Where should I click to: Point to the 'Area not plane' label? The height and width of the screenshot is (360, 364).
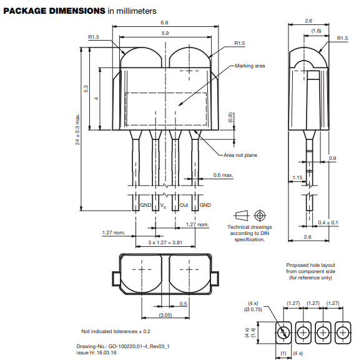240,154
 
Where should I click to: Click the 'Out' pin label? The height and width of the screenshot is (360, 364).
184,205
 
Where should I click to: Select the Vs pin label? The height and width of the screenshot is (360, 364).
163,206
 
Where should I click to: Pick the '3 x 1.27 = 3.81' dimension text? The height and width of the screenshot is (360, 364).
165,242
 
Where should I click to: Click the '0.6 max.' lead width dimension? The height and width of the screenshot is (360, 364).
223,175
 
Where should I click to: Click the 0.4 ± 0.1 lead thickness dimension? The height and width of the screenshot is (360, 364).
328,222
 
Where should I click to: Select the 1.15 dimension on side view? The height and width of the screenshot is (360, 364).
297,177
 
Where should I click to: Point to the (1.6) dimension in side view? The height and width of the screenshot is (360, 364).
317,31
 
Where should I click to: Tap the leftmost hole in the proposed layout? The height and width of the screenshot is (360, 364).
283,332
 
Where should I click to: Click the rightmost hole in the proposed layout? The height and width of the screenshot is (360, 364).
342,332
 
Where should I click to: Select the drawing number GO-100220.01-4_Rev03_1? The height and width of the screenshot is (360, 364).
122,346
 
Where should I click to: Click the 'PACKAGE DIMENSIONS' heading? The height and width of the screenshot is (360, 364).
54,11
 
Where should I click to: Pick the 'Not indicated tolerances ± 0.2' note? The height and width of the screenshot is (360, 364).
116,331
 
